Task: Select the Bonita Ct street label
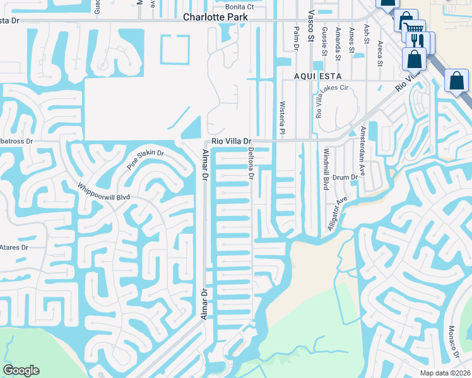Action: point(240,7)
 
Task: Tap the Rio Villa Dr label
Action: point(232,142)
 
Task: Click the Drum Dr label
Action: point(345,178)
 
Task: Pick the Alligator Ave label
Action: point(338,214)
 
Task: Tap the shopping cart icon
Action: point(413,28)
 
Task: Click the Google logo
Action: point(21,370)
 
